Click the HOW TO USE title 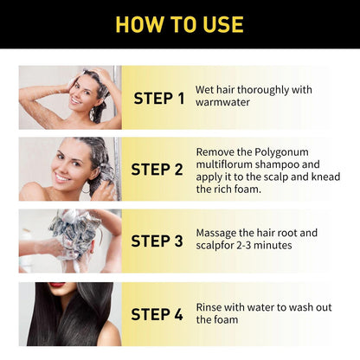point(179,23)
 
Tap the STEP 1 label point(159,98)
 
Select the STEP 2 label point(159,169)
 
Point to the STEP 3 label point(159,241)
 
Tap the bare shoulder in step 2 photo point(35,190)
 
